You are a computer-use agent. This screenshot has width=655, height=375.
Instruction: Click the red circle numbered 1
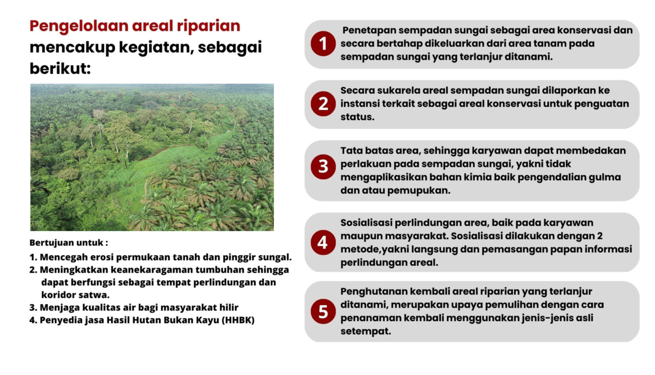pyautogui.click(x=323, y=44)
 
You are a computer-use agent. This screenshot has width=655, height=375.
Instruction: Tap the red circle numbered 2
pyautogui.click(x=323, y=104)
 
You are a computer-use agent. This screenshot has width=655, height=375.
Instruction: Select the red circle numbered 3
pyautogui.click(x=323, y=167)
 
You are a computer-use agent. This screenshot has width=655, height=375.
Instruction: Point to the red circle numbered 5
pyautogui.click(x=323, y=311)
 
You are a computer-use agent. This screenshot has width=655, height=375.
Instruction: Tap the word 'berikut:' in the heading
pyautogui.click(x=60, y=69)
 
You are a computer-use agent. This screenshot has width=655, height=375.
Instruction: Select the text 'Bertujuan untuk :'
pyautogui.click(x=69, y=243)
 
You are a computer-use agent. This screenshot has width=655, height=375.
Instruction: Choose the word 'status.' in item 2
pyautogui.click(x=357, y=117)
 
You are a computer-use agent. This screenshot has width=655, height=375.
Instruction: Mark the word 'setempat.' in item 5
pyautogui.click(x=366, y=331)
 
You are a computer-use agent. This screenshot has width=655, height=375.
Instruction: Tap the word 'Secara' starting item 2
pyautogui.click(x=358, y=90)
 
